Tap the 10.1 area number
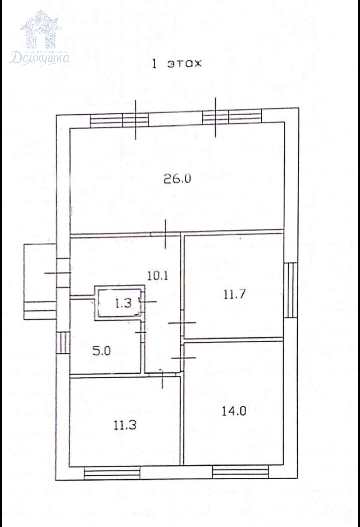pos(157,276)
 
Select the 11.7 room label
pos(234,294)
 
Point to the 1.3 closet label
pos(124,303)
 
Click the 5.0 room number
pos(101,351)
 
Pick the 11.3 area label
pos(125,425)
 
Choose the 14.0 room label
pos(234,411)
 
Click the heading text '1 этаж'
pos(177,64)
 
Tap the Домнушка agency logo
pos(40,38)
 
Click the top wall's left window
pos(120,120)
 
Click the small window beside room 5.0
pos(63,343)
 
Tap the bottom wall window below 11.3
pos(112,473)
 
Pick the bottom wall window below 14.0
pos(240,472)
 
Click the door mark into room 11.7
pos(182,323)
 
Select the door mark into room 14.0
pos(183,358)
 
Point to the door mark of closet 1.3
pos(148,301)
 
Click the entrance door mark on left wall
pos(58,273)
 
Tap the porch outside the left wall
pos(40,282)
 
